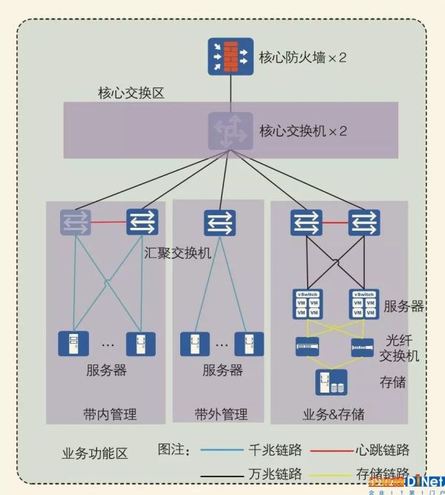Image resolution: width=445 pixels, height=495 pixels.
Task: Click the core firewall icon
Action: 229,55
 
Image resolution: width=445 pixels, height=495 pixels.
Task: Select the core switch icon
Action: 229,130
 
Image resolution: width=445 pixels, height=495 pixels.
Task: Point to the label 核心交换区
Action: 131,94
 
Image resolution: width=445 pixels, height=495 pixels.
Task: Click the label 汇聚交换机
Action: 177,252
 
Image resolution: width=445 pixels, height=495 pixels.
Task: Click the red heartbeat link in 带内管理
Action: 108,221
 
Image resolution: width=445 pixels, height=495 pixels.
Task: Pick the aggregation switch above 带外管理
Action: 220,222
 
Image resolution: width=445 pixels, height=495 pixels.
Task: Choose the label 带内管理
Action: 110,413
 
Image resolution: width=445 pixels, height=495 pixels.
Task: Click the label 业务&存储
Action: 333,413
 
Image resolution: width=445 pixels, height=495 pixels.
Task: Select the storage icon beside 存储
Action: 331,382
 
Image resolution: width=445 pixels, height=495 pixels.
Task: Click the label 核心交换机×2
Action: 303,131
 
